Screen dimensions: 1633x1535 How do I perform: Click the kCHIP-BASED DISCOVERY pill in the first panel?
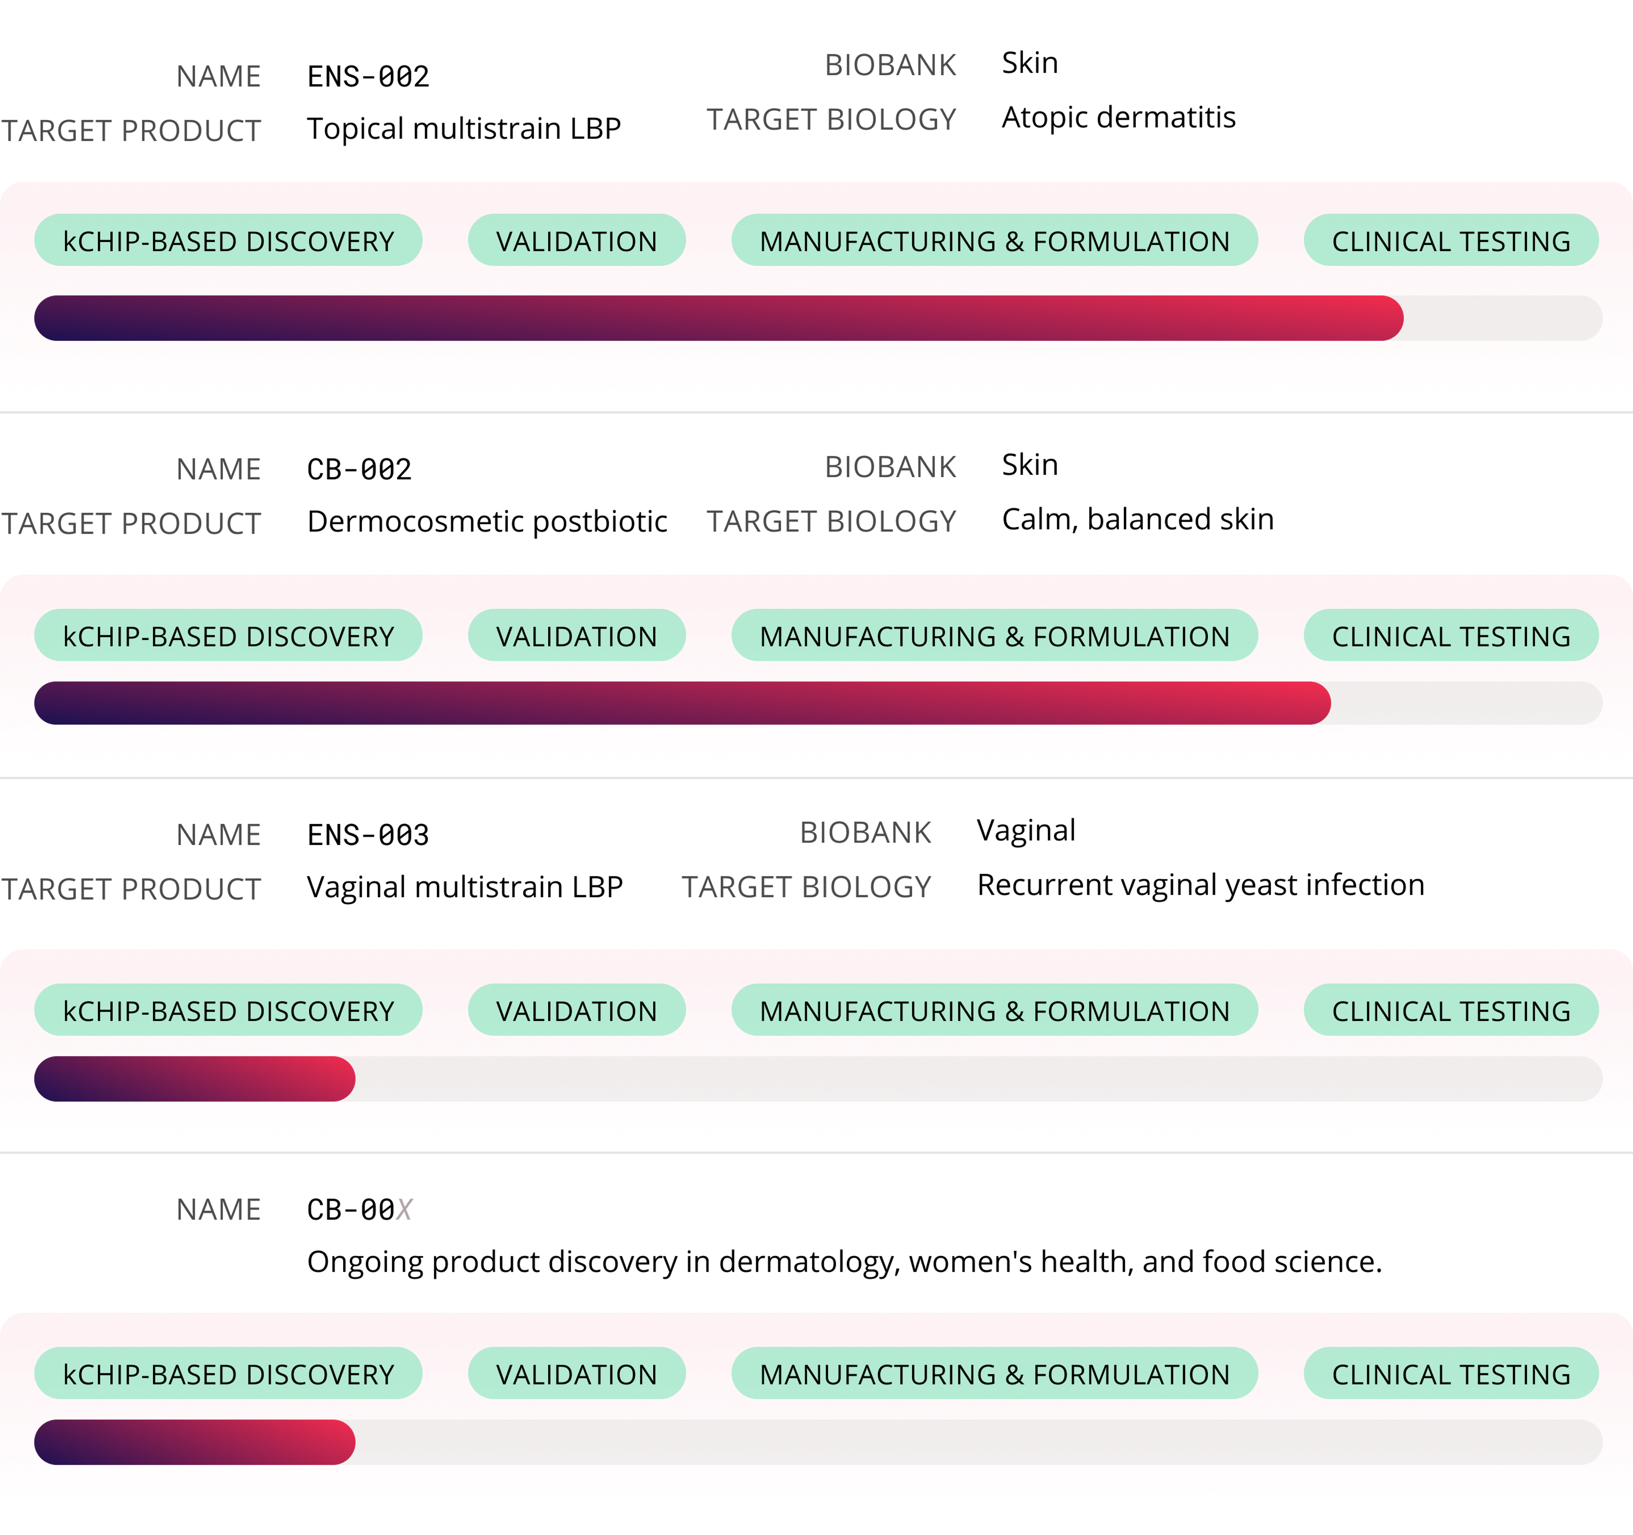coord(228,241)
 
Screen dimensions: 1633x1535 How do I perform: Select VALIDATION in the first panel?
coord(577,241)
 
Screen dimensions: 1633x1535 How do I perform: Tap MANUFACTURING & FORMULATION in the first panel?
coord(994,241)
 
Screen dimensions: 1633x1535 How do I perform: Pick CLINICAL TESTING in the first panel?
coord(1451,241)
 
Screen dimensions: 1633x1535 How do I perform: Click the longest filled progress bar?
coord(719,318)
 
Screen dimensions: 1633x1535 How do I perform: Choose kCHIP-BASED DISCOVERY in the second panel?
coord(228,636)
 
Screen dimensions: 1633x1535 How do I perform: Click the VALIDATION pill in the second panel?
coord(577,636)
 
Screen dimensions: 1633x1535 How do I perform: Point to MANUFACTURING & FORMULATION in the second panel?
coord(994,636)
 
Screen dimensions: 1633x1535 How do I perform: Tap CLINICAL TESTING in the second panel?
coord(1451,636)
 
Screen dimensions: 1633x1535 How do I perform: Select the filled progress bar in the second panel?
coord(682,703)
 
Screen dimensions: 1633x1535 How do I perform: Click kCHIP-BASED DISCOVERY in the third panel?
coord(228,1010)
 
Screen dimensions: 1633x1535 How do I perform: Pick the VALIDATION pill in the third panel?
coord(577,1010)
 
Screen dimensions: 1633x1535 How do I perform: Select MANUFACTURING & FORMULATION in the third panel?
coord(994,1010)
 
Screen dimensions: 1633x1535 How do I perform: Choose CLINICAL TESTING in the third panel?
coord(1451,1010)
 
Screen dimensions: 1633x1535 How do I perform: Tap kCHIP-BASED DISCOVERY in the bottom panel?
coord(228,1374)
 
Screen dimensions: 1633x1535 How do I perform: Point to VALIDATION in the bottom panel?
coord(577,1374)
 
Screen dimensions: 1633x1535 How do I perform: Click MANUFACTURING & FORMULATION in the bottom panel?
coord(994,1374)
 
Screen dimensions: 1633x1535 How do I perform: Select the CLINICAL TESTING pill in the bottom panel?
coord(1451,1374)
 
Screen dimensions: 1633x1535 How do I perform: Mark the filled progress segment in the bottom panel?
coord(195,1442)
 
